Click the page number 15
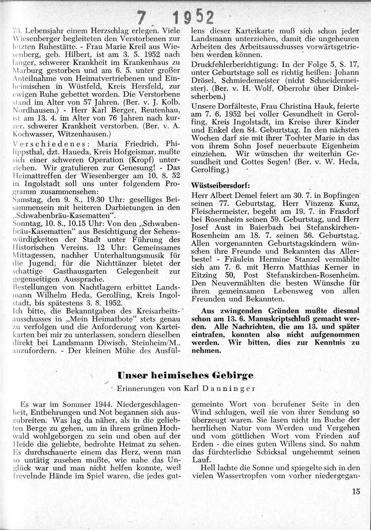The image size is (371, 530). (356, 492)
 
